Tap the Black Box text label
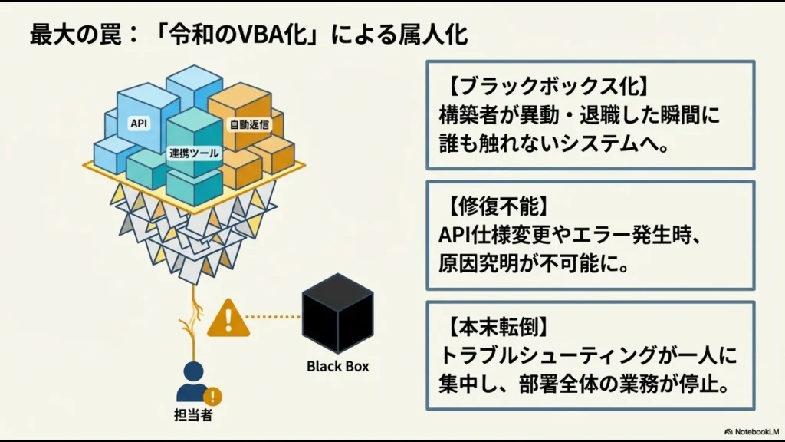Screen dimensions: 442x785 337,366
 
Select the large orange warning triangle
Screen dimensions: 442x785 228,317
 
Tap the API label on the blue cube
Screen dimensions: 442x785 139,124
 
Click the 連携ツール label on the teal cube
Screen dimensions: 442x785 194,153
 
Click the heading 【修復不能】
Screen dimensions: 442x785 483,205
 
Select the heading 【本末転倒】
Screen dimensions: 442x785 483,325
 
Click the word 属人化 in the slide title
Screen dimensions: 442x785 437,35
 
